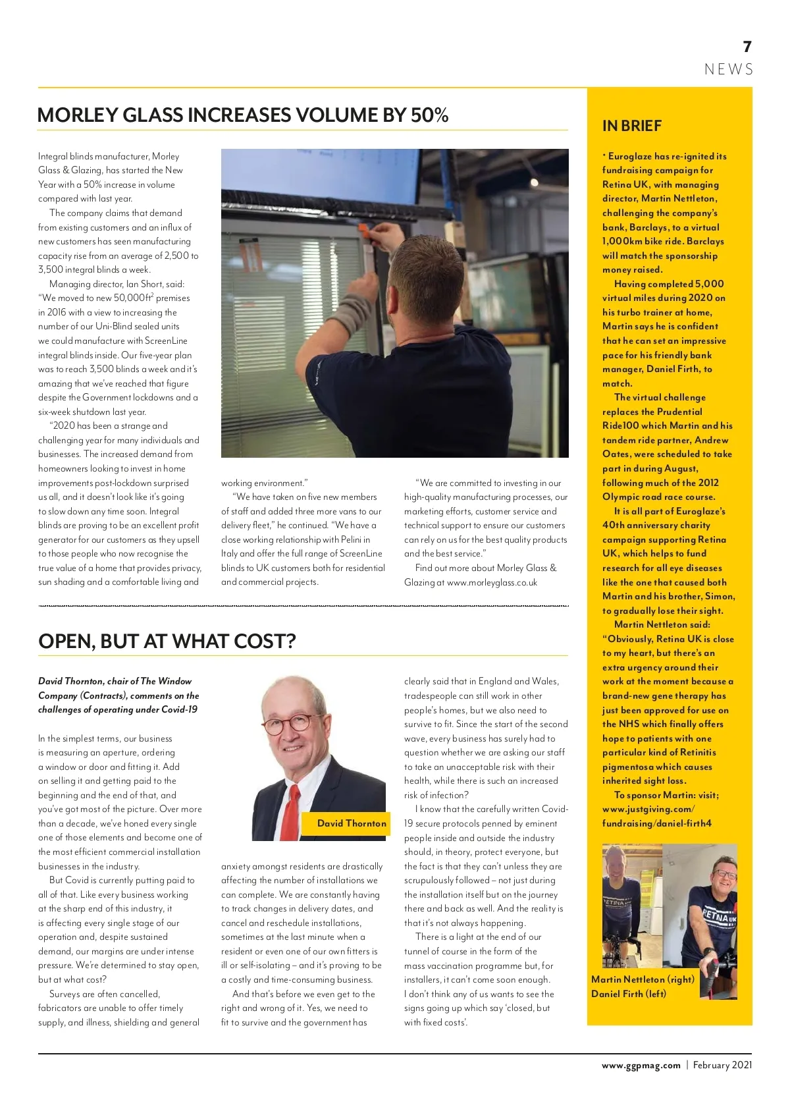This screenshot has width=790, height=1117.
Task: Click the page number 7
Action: click(747, 47)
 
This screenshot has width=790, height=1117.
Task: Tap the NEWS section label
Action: click(729, 70)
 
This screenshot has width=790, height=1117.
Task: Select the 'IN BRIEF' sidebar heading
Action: click(631, 126)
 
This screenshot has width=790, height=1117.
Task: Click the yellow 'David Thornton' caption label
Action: click(352, 823)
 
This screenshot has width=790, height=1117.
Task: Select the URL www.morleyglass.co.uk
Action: click(492, 582)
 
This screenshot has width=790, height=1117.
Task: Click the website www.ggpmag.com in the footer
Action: click(641, 1065)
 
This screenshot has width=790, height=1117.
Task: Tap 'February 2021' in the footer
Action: click(722, 1065)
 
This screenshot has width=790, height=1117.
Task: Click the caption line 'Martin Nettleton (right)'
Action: click(643, 979)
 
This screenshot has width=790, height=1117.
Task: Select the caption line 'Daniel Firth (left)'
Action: click(629, 993)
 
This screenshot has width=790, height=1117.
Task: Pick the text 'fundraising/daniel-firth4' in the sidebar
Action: click(656, 823)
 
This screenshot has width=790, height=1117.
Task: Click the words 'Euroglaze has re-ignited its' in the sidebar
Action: click(667, 156)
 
